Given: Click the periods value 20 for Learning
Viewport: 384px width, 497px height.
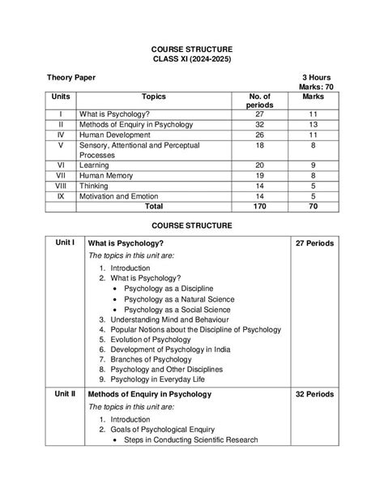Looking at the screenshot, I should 259,164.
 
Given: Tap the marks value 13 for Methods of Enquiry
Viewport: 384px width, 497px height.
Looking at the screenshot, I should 313,123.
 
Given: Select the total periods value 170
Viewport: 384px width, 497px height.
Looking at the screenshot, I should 259,207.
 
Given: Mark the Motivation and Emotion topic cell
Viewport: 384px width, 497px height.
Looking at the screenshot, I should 122,195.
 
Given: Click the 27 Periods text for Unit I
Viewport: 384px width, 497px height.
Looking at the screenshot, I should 315,242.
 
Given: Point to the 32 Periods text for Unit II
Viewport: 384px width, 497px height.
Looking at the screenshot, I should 315,394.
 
